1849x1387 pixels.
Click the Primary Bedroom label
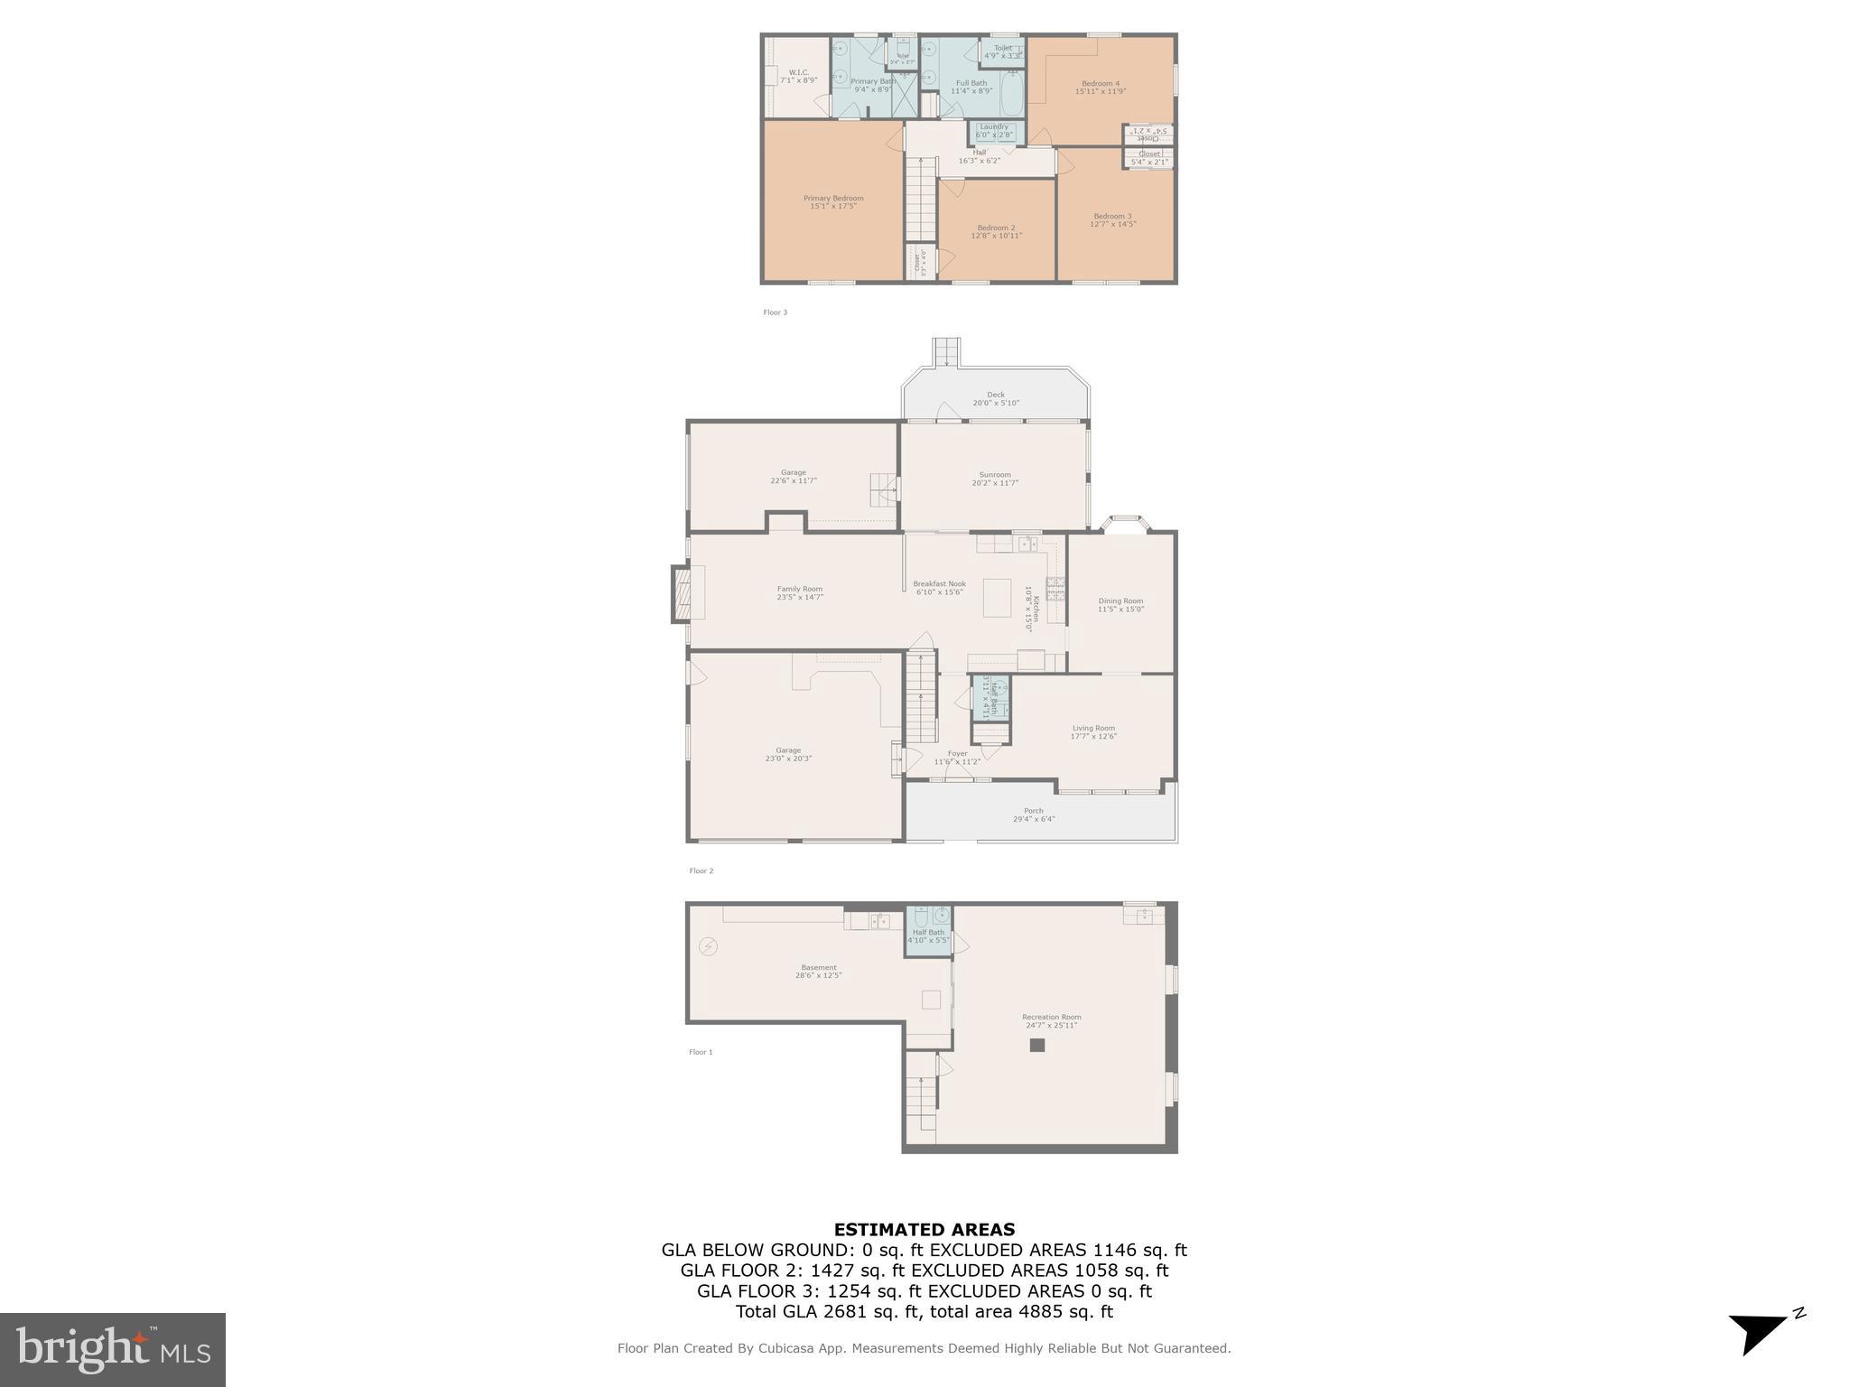(833, 198)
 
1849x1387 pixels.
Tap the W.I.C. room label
(798, 72)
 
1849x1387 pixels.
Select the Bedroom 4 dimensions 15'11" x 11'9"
(1101, 91)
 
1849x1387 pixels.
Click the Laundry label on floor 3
(994, 126)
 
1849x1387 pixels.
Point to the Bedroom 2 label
(996, 228)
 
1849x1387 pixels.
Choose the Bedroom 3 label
(1112, 216)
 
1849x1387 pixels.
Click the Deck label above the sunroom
(996, 395)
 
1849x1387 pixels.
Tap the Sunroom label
(995, 475)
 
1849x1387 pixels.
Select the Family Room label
(800, 589)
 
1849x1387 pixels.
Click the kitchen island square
(997, 598)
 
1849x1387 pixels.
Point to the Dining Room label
(1120, 600)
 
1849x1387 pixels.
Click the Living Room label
(1093, 728)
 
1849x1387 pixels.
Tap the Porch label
(1034, 811)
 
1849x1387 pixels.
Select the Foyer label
(957, 753)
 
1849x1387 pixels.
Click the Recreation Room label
(1052, 1017)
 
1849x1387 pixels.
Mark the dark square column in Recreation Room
(1037, 1045)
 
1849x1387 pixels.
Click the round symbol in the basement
(709, 946)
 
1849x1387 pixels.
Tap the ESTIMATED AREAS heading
(924, 1229)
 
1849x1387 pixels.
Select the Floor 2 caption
(701, 870)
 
